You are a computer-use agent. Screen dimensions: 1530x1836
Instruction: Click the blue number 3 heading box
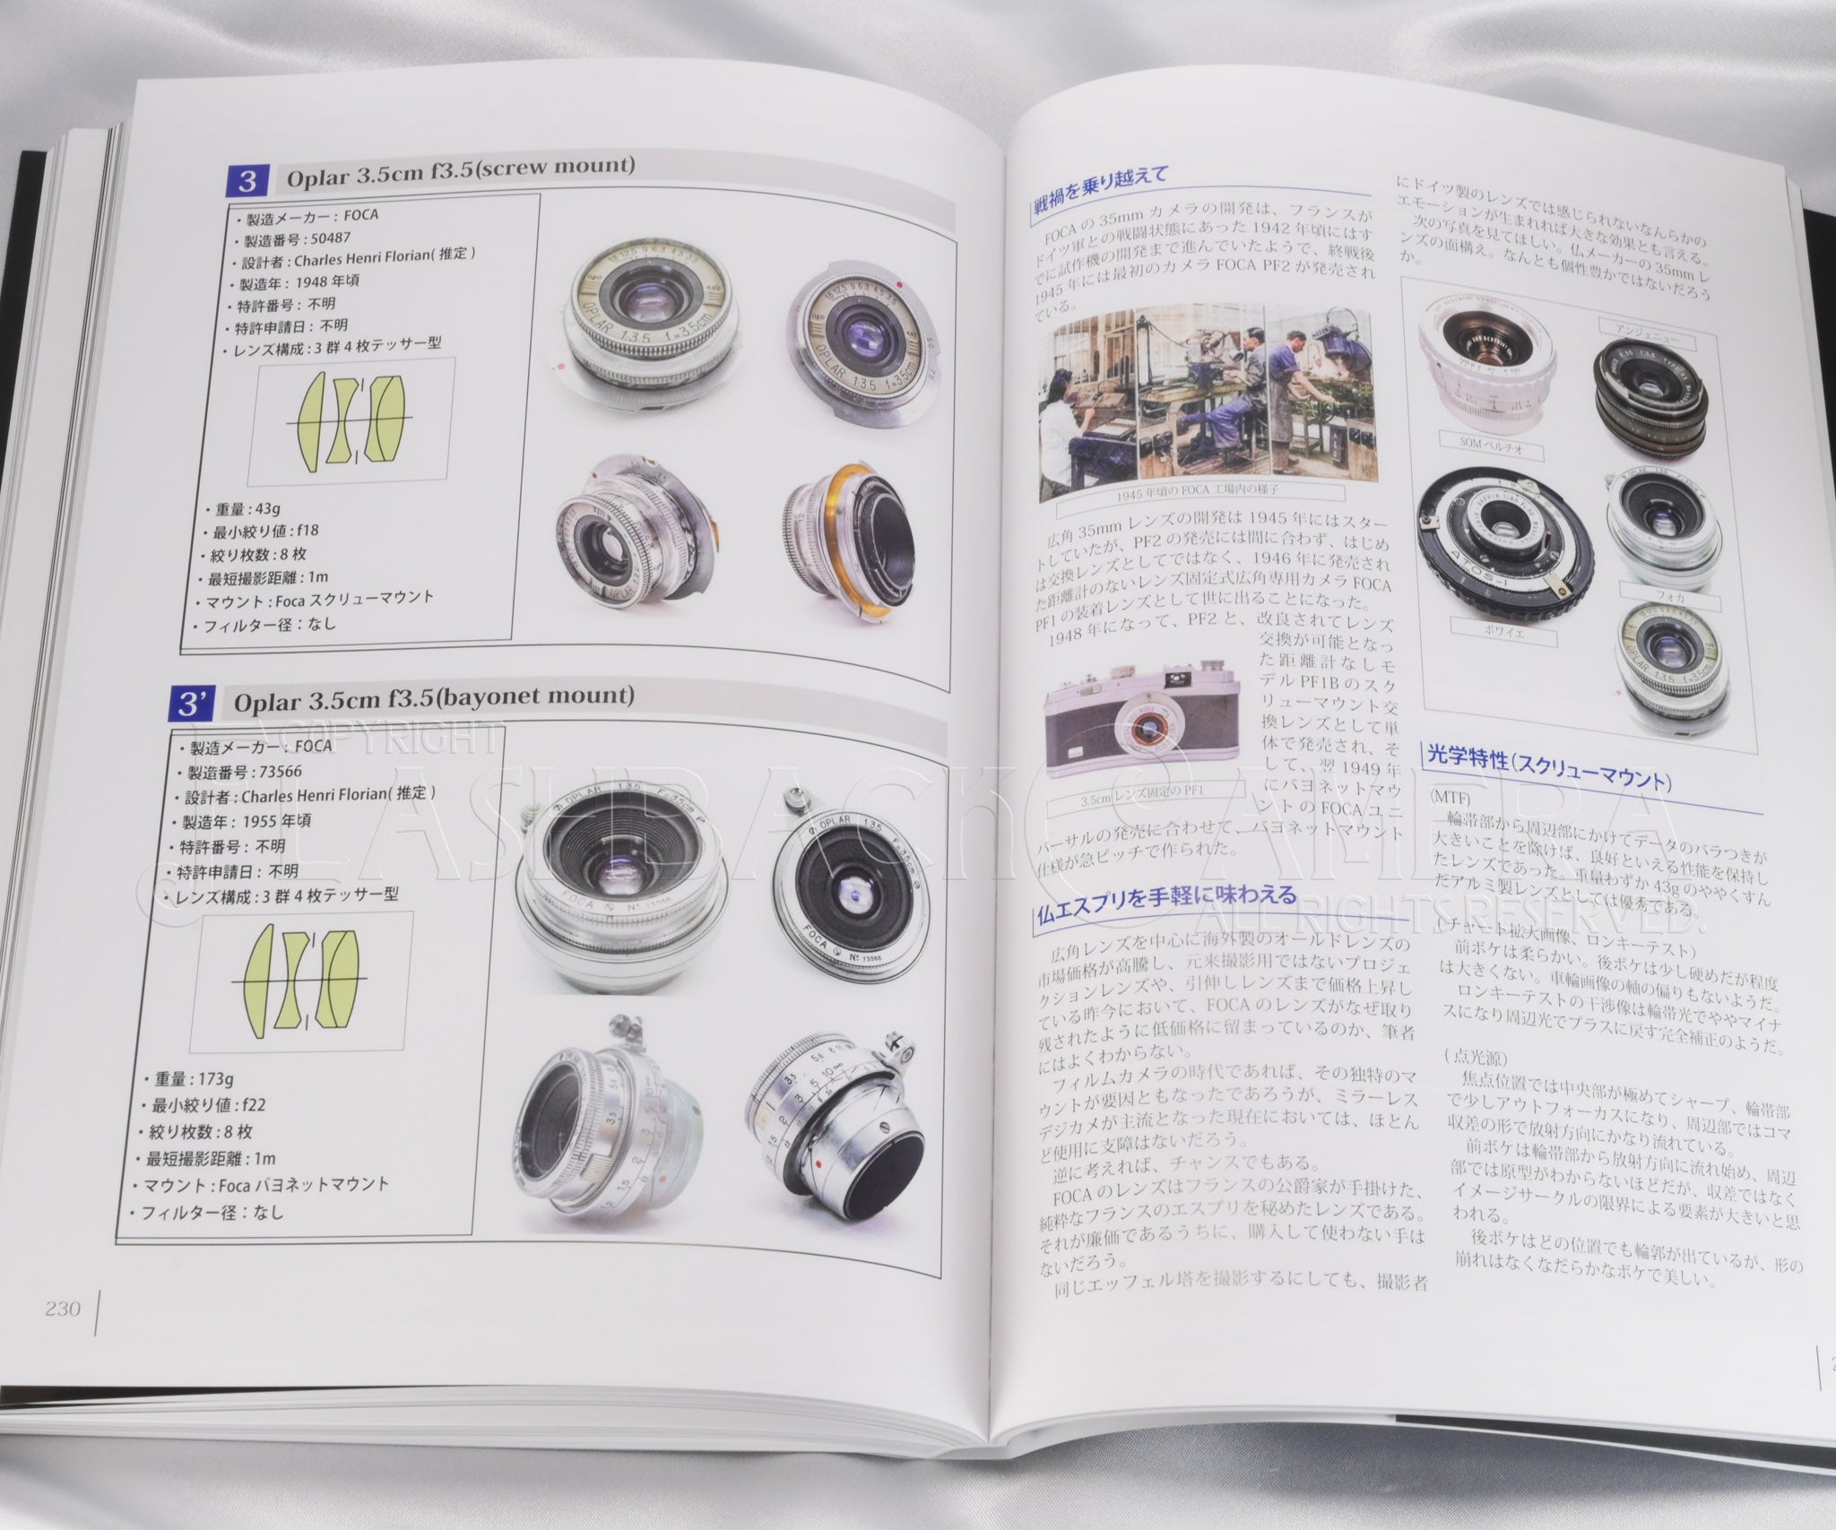click(247, 180)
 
